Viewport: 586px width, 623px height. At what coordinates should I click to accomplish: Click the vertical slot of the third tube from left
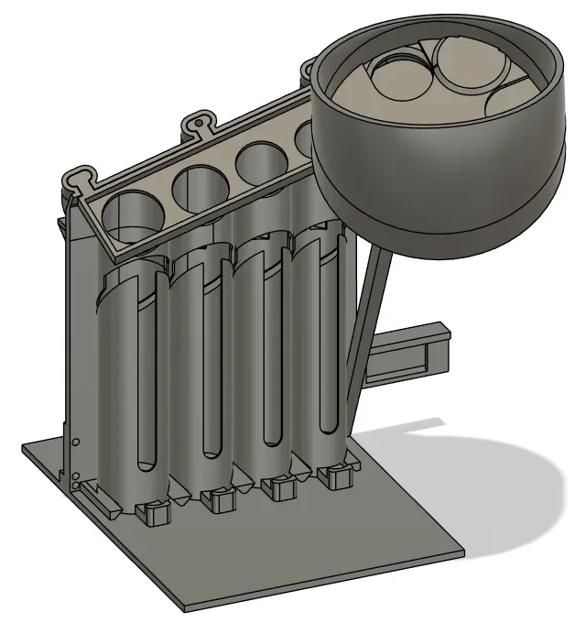pos(270,353)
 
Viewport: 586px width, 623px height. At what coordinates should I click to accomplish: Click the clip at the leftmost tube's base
pos(155,512)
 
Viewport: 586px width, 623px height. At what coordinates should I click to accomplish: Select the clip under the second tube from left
pos(218,499)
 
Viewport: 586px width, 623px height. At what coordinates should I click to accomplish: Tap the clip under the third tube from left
pos(277,486)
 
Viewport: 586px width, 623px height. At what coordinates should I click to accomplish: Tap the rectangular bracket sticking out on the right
pos(412,352)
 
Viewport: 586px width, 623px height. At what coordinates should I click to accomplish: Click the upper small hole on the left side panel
pos(76,443)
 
